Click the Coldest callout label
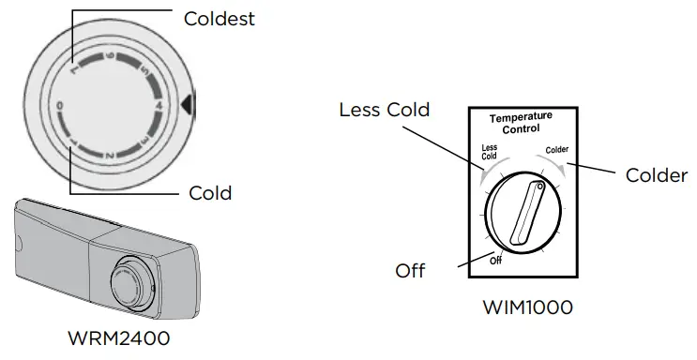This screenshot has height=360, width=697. point(220,18)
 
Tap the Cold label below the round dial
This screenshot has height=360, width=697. point(210,193)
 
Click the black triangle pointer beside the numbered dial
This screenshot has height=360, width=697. point(189,106)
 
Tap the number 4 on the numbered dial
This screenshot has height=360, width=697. point(159,107)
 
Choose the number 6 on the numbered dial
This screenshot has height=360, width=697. point(109,57)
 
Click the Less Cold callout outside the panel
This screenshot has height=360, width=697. point(385,111)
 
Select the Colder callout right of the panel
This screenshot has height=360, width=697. point(656,175)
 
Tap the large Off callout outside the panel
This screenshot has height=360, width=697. point(410,271)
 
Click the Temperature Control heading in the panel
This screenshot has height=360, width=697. point(522,122)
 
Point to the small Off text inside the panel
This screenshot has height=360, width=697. point(496,260)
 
